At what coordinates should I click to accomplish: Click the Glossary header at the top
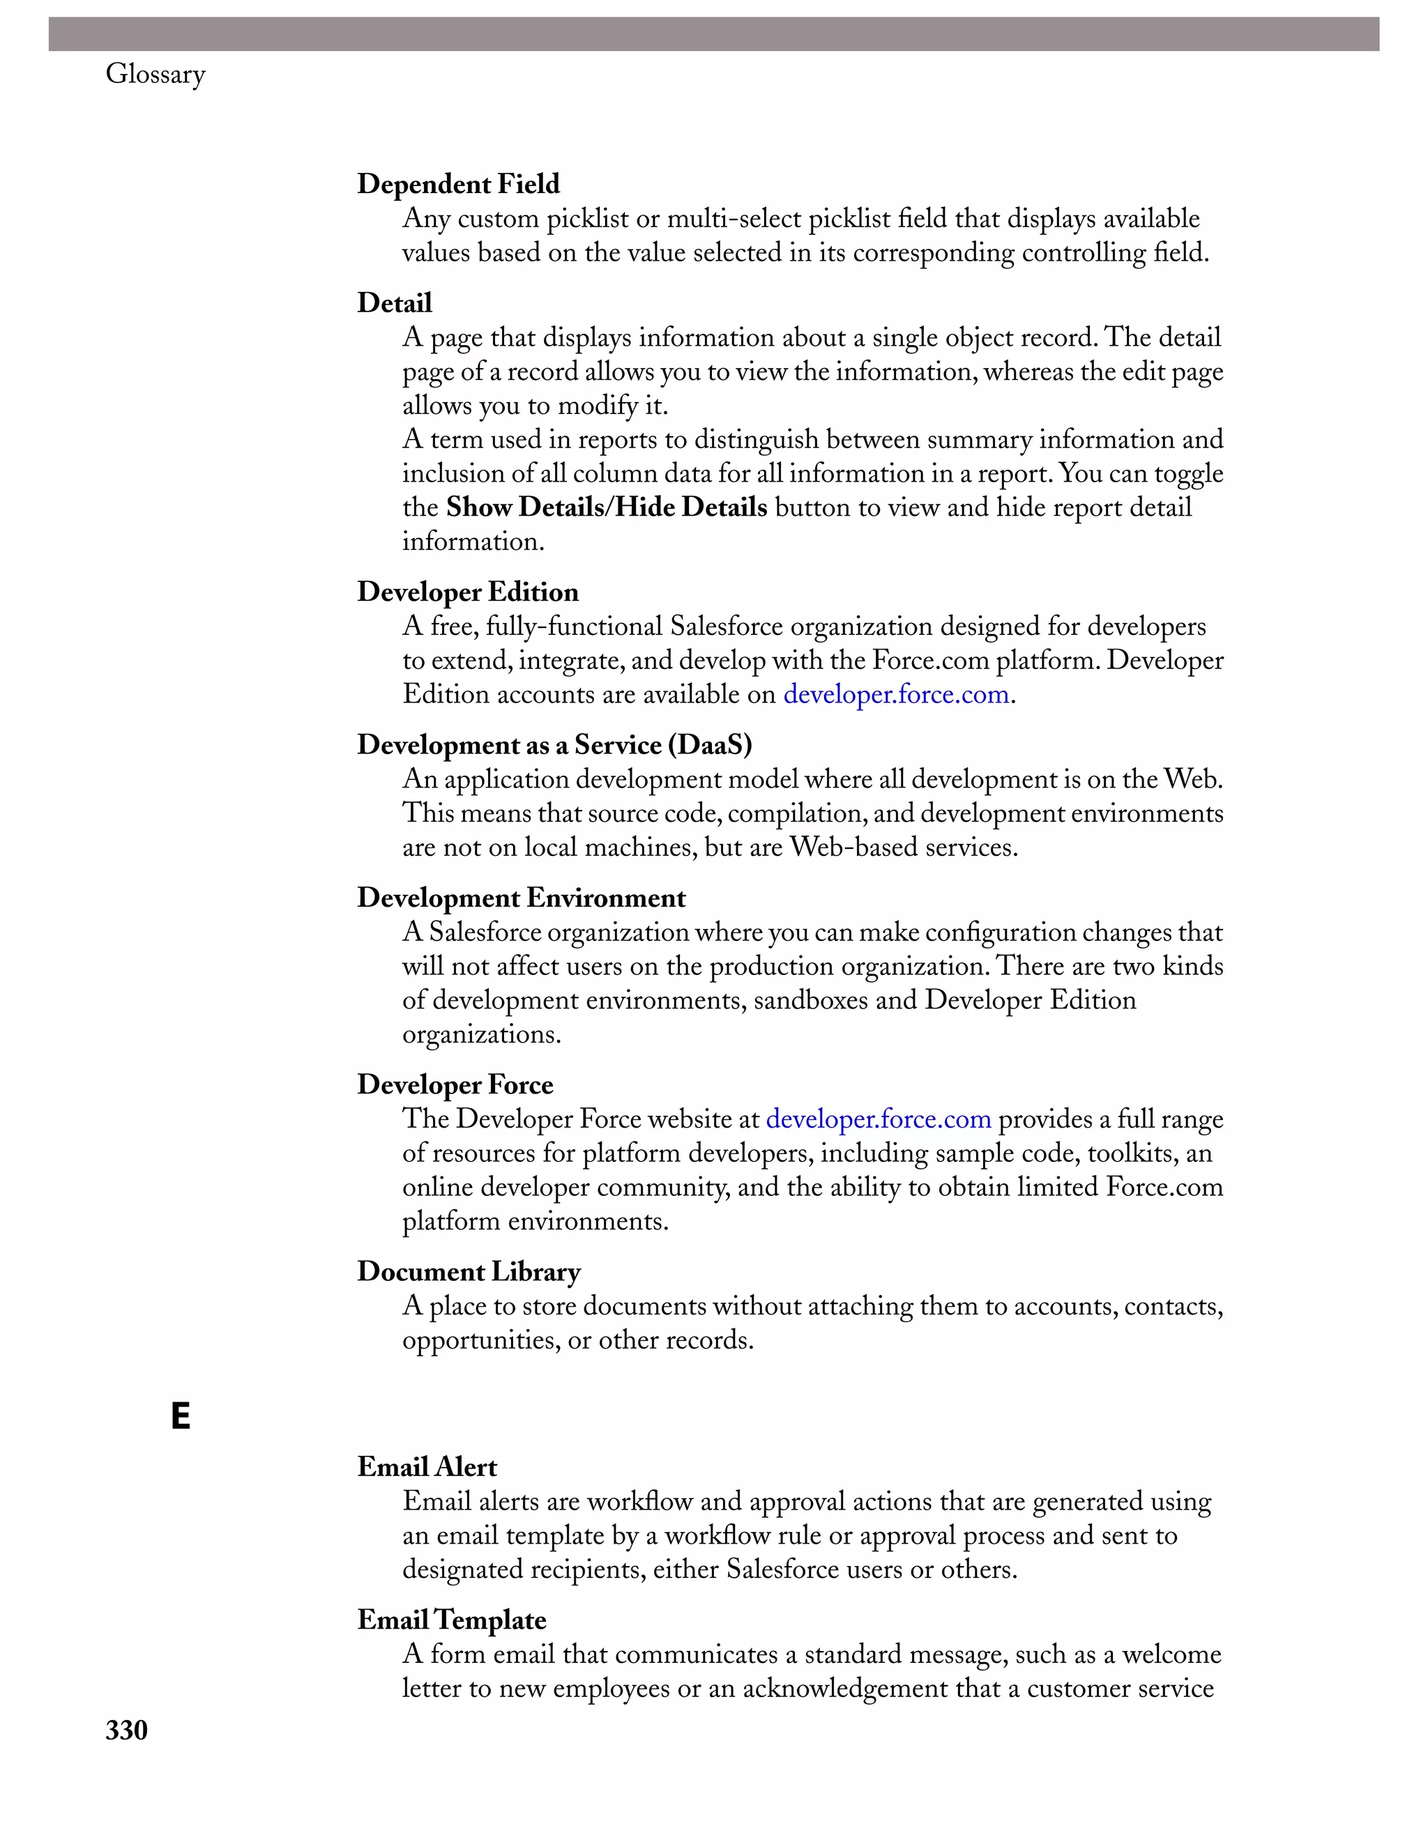pyautogui.click(x=155, y=75)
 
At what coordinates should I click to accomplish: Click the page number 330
pyautogui.click(x=127, y=1730)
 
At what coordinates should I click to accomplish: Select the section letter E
pyautogui.click(x=180, y=1417)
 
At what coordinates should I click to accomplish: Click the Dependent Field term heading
pyautogui.click(x=458, y=184)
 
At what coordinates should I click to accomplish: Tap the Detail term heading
pyautogui.click(x=394, y=303)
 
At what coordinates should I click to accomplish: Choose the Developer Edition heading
pyautogui.click(x=467, y=592)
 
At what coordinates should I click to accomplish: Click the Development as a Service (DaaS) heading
pyautogui.click(x=554, y=745)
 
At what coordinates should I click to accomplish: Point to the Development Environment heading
pyautogui.click(x=521, y=898)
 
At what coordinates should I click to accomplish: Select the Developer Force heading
pyautogui.click(x=455, y=1084)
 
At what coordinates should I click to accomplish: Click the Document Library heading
pyautogui.click(x=468, y=1271)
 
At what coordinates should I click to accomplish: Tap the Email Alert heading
pyautogui.click(x=427, y=1467)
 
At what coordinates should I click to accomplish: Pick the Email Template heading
pyautogui.click(x=451, y=1620)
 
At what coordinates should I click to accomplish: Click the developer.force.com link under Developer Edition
pyautogui.click(x=896, y=695)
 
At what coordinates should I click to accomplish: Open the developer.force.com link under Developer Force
pyautogui.click(x=879, y=1119)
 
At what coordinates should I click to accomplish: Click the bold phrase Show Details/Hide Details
pyautogui.click(x=606, y=507)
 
